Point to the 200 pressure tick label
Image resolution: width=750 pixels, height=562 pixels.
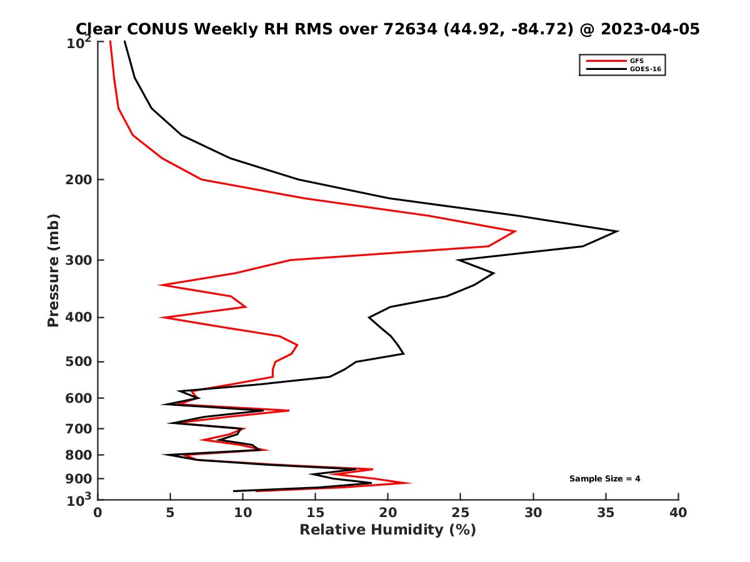pyautogui.click(x=80, y=180)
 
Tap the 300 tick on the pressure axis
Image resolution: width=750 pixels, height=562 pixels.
pyautogui.click(x=80, y=260)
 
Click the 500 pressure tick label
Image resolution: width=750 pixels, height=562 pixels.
pyautogui.click(x=80, y=362)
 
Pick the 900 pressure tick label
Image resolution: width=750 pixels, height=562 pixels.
pyautogui.click(x=80, y=479)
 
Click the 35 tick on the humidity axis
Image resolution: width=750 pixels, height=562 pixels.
pyautogui.click(x=606, y=513)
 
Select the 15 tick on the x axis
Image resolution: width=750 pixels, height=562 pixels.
pyautogui.click(x=316, y=513)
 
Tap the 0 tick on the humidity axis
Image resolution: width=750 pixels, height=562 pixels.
pyautogui.click(x=98, y=513)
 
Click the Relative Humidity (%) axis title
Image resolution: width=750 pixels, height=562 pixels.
pyautogui.click(x=387, y=530)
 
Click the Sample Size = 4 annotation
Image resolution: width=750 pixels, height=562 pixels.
pyautogui.click(x=604, y=479)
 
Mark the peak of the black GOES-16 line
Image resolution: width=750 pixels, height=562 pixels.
pyautogui.click(x=617, y=232)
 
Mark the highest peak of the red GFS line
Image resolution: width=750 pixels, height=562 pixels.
pyautogui.click(x=515, y=232)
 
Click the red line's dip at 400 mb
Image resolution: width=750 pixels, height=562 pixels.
pyautogui.click(x=162, y=317)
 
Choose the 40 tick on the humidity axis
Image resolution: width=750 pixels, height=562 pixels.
pyautogui.click(x=678, y=513)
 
